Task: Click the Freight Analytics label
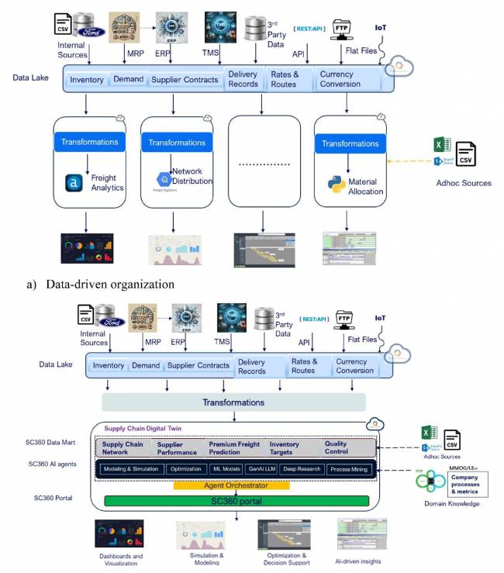pyautogui.click(x=106, y=182)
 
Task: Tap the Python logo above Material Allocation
pyautogui.click(x=336, y=184)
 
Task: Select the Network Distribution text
pyautogui.click(x=192, y=176)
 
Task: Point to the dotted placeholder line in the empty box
pyautogui.click(x=264, y=165)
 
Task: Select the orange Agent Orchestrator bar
pyautogui.click(x=231, y=485)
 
